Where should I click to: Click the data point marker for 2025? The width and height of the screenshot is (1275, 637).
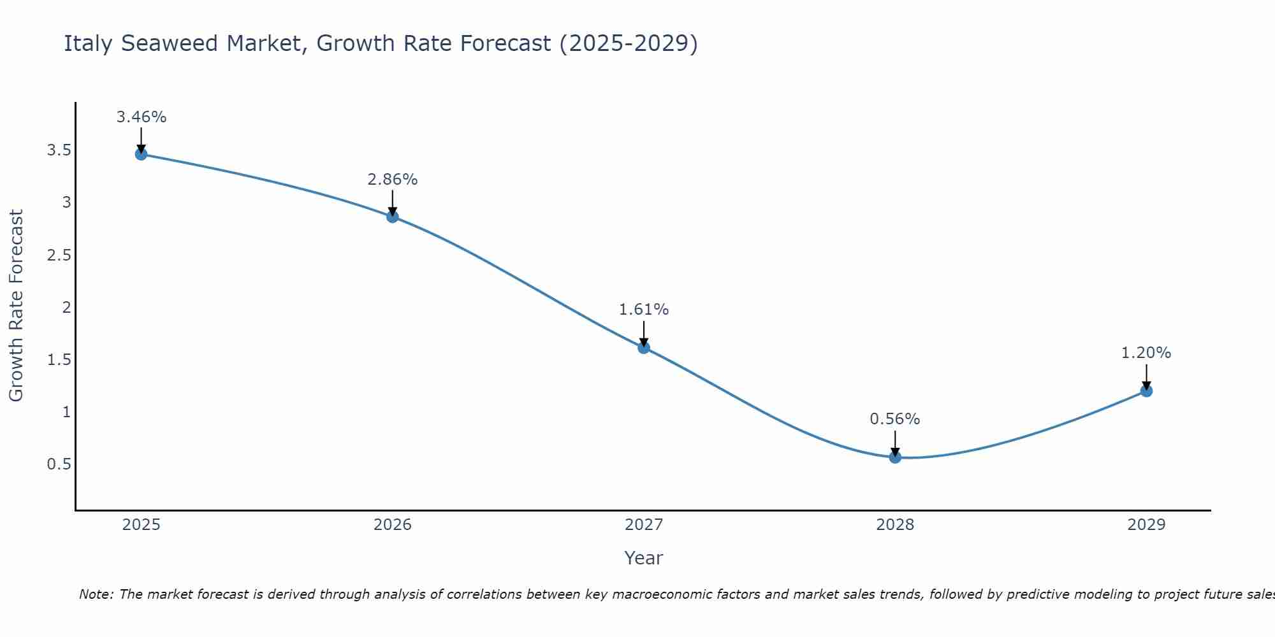tap(142, 154)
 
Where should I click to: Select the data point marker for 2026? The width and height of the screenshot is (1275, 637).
tap(393, 217)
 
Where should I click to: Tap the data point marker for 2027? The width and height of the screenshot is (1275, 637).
tap(644, 347)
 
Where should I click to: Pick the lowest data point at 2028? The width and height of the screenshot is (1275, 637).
tap(895, 457)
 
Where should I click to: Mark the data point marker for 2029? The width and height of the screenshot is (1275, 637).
tap(1146, 390)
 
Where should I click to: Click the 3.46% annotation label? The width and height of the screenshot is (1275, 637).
tap(142, 117)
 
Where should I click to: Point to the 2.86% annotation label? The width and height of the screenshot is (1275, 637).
tap(393, 180)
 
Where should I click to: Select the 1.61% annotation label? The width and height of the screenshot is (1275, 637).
tap(644, 310)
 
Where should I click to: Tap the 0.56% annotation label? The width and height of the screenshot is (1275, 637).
tap(895, 419)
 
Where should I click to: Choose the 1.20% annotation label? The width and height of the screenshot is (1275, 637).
tap(1146, 353)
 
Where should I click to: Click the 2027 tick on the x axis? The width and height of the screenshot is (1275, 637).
tap(644, 525)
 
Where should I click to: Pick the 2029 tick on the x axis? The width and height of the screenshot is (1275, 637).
tap(1146, 525)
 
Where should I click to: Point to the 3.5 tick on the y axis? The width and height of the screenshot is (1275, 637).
tap(59, 150)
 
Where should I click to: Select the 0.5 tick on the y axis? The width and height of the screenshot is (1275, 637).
tap(59, 464)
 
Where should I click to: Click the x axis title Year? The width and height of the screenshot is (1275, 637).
tap(644, 558)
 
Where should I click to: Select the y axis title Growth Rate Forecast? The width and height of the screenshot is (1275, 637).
tap(17, 306)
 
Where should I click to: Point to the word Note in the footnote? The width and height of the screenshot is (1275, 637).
tap(96, 594)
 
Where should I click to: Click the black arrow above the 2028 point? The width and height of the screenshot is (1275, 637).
tap(895, 443)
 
